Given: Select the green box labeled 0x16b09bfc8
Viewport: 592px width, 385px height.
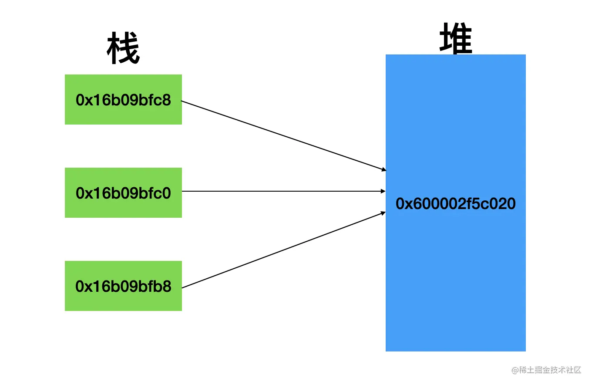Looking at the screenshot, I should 123,99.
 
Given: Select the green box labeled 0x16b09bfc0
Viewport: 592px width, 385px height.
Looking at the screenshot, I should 123,192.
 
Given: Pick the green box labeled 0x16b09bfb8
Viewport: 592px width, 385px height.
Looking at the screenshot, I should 123,286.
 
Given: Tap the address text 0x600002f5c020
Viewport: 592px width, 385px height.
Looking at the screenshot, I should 455,204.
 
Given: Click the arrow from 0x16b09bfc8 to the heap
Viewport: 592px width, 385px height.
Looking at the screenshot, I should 283,135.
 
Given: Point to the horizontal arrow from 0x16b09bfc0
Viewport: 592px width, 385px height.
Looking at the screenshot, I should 283,191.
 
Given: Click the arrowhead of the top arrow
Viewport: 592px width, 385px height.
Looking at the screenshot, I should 383,169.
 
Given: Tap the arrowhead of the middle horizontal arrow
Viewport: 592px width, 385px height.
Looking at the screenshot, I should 383,191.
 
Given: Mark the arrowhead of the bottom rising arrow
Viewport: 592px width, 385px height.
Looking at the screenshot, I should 383,213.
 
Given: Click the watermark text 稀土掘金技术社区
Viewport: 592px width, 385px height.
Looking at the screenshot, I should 550,370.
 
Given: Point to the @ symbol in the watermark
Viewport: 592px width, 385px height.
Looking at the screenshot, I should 515,370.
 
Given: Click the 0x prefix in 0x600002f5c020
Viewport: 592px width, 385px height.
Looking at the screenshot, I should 403,204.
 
